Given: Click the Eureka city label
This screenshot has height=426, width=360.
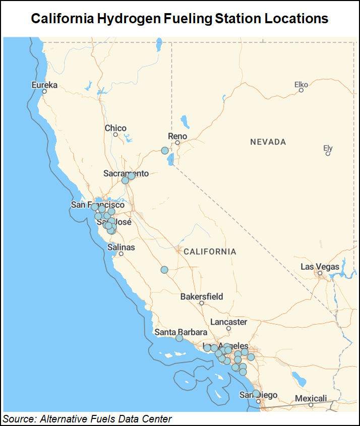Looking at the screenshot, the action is (44, 85).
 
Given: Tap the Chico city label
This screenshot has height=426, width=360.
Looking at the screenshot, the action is (115, 128).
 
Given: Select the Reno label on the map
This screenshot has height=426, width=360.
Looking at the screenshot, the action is (177, 136).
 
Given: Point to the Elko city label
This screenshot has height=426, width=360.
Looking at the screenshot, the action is (301, 84).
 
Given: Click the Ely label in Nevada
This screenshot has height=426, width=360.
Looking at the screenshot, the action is (328, 148).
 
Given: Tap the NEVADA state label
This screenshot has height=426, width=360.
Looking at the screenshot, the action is (268, 142).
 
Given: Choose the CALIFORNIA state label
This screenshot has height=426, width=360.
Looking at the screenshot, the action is (210, 251).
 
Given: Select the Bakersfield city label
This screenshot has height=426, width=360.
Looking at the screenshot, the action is (202, 296).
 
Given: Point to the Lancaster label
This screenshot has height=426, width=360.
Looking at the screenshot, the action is (228, 322).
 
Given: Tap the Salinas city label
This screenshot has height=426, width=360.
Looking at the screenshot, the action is (121, 248).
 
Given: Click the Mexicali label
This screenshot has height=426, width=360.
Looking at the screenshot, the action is (311, 398).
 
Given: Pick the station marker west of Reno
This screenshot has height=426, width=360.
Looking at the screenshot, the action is (164, 150).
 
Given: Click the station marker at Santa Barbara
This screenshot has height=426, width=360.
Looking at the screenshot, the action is (179, 338).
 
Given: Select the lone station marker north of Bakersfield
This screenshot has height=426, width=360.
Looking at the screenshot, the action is (164, 270).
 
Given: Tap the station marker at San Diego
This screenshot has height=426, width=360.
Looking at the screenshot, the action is (256, 393).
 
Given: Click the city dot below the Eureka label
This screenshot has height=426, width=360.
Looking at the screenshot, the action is (44, 92).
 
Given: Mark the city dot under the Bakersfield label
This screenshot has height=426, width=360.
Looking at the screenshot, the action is (201, 303).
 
